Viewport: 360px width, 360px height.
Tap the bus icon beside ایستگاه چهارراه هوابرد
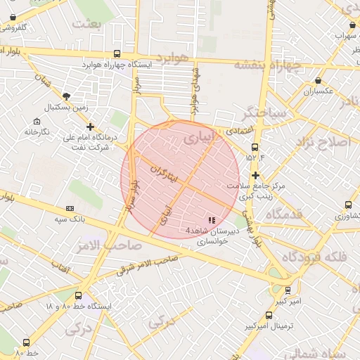pyautogui.click(x=116, y=53)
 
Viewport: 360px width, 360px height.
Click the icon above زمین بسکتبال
pyautogui.click(x=66, y=96)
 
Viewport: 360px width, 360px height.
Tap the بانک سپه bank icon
pyautogui.click(x=70, y=208)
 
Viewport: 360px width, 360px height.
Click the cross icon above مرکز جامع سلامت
pyautogui.click(x=255, y=175)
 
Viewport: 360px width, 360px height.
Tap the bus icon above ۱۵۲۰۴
pyautogui.click(x=255, y=148)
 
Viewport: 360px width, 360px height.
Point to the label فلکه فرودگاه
pyautogui.click(x=314, y=257)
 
